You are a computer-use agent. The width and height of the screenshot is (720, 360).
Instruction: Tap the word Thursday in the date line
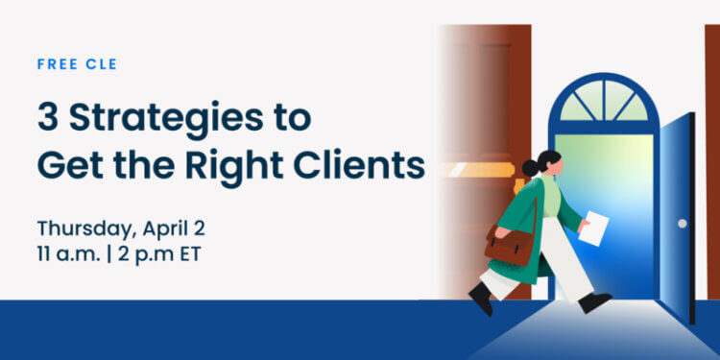click(79, 229)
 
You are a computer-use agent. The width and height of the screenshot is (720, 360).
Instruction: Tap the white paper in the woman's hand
click(594, 228)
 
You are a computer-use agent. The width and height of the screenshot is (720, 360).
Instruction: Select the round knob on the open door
click(682, 223)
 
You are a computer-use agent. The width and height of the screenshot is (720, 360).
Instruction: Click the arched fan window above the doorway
click(603, 100)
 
